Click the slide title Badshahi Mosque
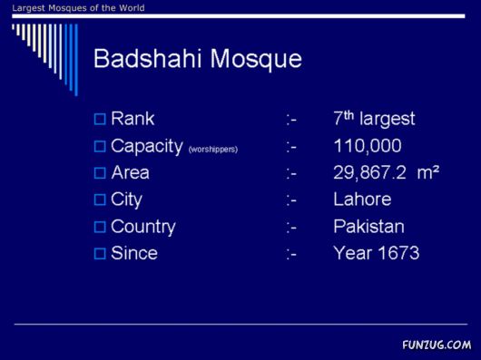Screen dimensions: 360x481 tap(197, 60)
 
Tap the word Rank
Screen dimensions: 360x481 tap(133, 119)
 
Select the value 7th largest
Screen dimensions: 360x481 tap(374, 119)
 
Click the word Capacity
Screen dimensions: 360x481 tap(147, 146)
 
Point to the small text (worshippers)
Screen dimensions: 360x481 tap(213, 149)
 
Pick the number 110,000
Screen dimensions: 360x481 tap(368, 146)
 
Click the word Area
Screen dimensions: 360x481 tap(130, 172)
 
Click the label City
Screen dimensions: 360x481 tap(126, 199)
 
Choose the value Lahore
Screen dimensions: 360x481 tap(362, 199)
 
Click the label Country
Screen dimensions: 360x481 tap(142, 227)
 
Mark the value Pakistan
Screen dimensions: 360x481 tap(368, 227)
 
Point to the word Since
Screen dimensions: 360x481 tap(133, 253)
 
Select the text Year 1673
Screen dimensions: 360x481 tap(376, 253)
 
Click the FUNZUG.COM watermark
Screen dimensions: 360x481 tap(437, 345)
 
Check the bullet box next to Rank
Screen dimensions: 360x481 tap(100, 119)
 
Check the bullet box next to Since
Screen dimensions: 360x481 tap(100, 254)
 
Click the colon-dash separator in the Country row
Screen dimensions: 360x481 tap(291, 227)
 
